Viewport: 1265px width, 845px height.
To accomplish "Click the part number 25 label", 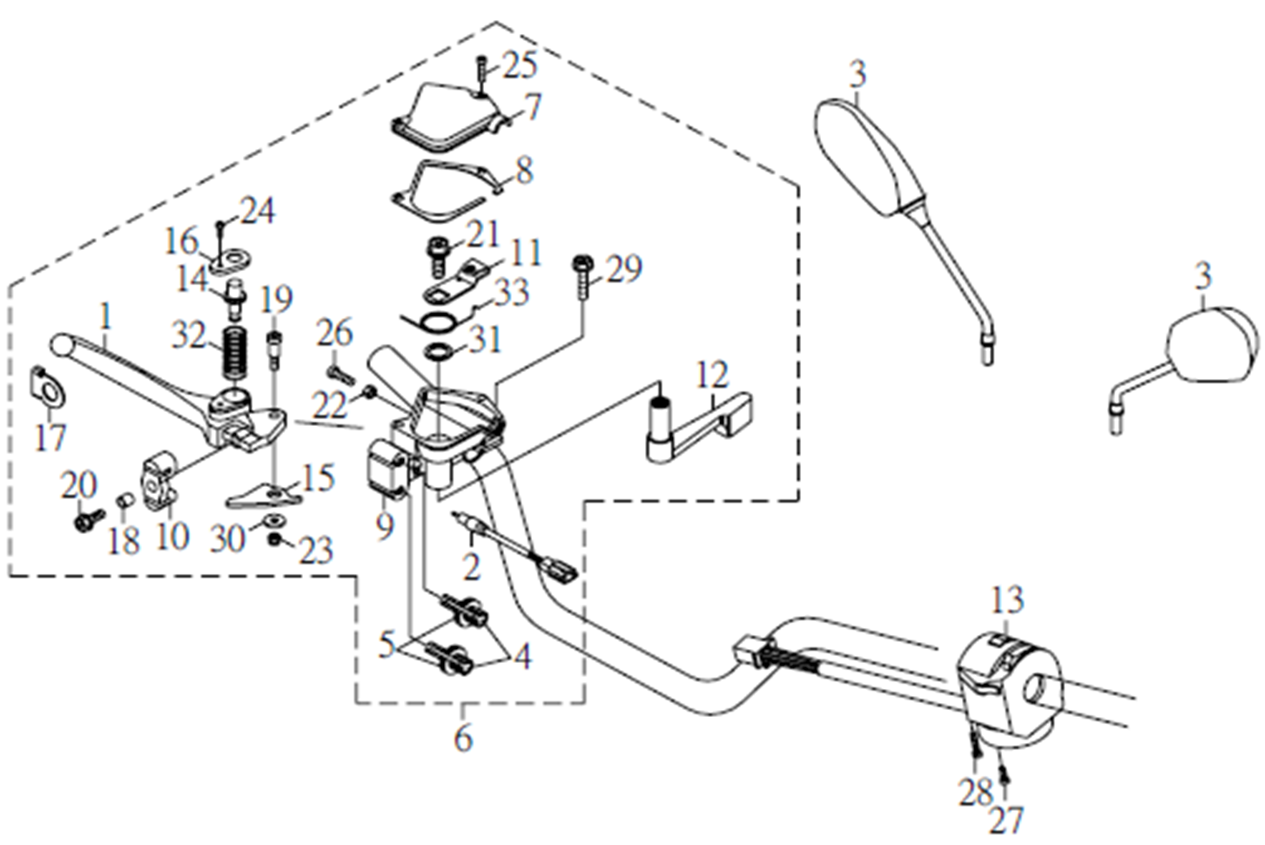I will pyautogui.click(x=520, y=64).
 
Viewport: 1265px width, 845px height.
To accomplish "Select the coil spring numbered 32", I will pyautogui.click(x=233, y=353).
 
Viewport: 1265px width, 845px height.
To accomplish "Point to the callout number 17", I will pyautogui.click(x=50, y=436).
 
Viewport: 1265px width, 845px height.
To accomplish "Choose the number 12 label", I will pyautogui.click(x=712, y=375).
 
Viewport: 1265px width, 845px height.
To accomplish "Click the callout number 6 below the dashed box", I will pyautogui.click(x=463, y=737).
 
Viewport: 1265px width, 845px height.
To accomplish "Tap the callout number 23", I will pyautogui.click(x=315, y=550).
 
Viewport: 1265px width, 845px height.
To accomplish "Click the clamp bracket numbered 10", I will pyautogui.click(x=158, y=478).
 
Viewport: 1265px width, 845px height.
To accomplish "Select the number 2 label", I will pyautogui.click(x=471, y=567).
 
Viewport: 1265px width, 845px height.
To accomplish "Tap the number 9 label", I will pyautogui.click(x=385, y=525).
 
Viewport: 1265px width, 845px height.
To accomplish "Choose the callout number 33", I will pyautogui.click(x=511, y=292).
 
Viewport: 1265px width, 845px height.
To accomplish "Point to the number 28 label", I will pyautogui.click(x=976, y=792).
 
